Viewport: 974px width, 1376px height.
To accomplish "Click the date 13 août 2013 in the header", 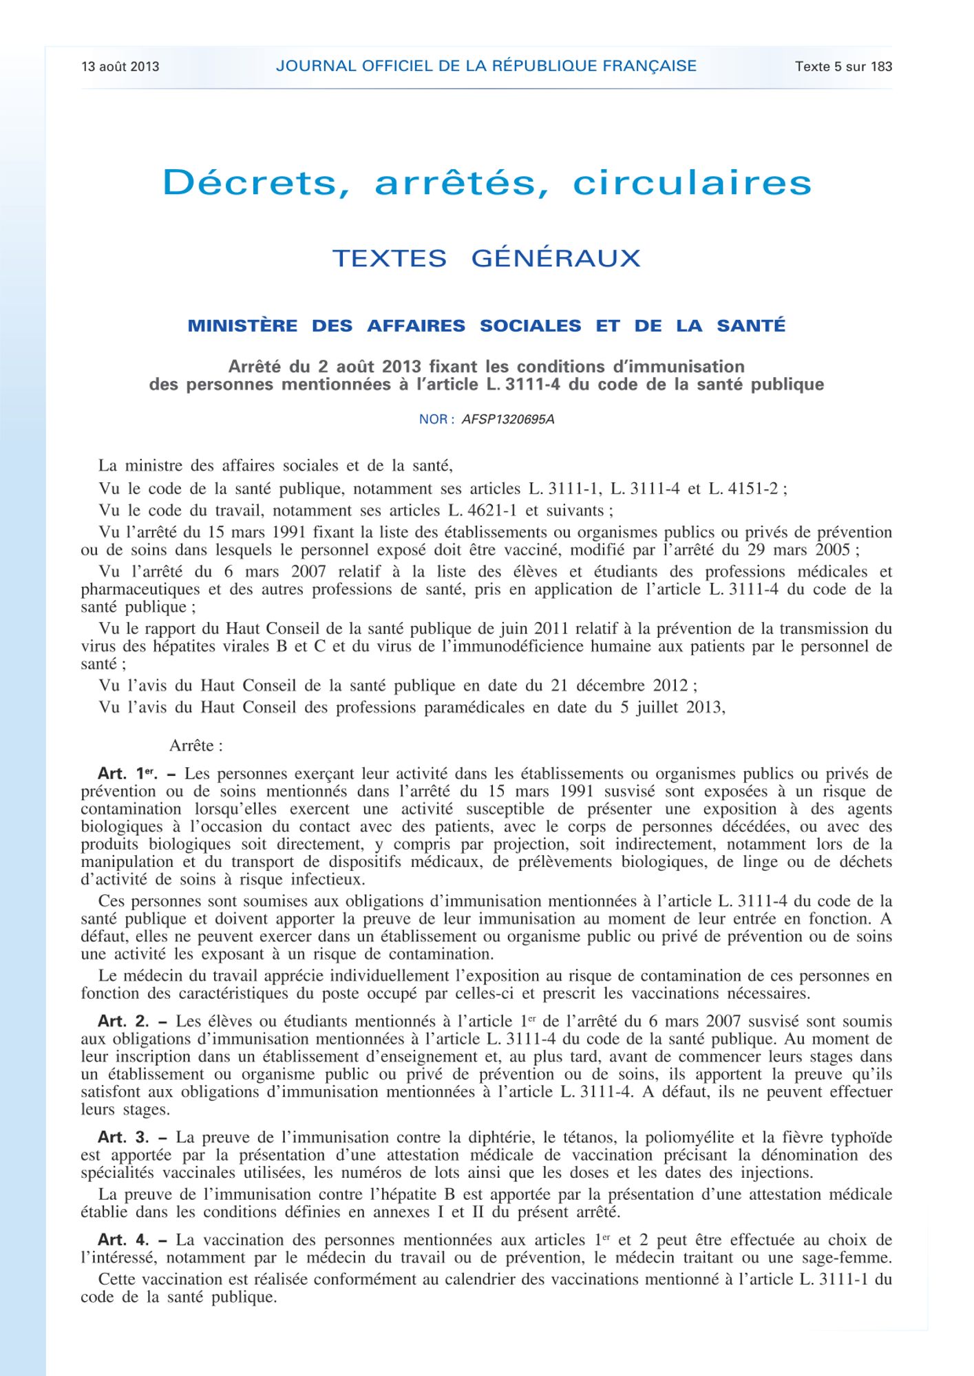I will tap(120, 67).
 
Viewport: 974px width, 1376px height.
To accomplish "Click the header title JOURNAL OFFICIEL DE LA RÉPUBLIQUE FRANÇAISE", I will tap(486, 66).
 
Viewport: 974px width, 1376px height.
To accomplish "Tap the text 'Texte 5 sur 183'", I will tap(843, 67).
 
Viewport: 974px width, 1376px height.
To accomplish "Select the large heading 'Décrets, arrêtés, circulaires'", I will tap(487, 183).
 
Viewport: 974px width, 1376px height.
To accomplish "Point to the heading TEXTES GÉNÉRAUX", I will tap(486, 259).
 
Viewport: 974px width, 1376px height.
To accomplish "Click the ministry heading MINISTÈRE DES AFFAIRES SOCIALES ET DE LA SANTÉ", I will tap(486, 325).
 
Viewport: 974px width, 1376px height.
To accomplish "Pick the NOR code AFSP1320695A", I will tap(507, 419).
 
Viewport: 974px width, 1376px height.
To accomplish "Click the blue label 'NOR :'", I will tap(436, 419).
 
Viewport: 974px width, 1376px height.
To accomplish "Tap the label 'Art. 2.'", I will tap(123, 1022).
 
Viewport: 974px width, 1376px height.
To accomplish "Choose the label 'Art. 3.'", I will tap(123, 1137).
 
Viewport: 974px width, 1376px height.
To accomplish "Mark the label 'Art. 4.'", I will tap(123, 1240).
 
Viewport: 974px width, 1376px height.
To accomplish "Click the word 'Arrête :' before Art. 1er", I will tap(195, 746).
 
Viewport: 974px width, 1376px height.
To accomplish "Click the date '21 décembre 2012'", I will tap(619, 686).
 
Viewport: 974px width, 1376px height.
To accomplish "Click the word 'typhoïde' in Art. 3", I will tap(860, 1137).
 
